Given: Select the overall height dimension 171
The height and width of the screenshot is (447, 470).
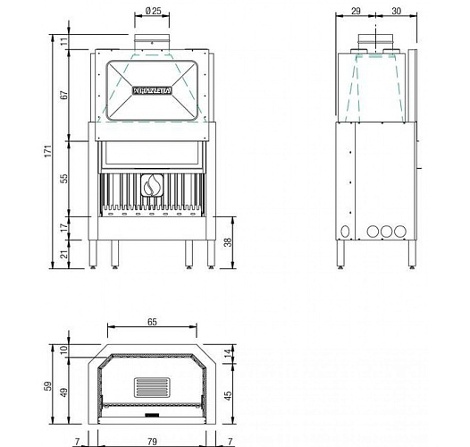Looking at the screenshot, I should [x=50, y=151].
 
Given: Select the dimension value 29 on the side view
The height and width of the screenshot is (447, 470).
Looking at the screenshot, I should [x=356, y=12].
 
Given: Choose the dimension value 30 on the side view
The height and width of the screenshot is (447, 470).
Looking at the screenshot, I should [x=397, y=12].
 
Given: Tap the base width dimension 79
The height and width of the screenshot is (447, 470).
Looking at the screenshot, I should [x=152, y=440].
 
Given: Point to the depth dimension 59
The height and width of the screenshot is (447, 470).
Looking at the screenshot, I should [x=50, y=386].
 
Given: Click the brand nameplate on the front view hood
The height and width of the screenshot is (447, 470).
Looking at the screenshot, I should [x=152, y=90].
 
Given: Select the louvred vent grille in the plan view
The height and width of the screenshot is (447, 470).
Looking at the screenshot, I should [x=152, y=387].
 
